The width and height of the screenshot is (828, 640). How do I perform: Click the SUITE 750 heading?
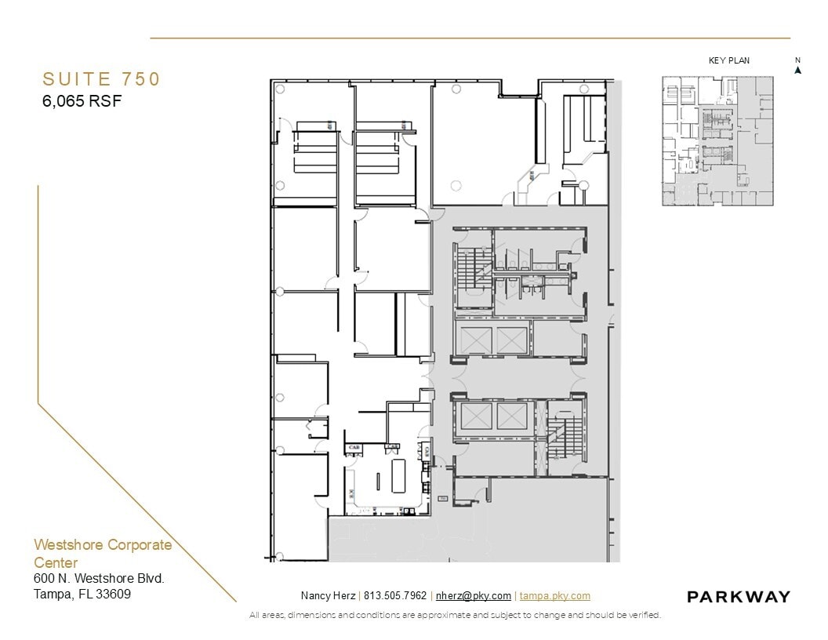click(x=101, y=79)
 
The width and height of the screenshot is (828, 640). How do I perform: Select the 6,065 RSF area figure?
click(x=82, y=100)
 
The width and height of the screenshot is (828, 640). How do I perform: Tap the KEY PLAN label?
click(x=728, y=61)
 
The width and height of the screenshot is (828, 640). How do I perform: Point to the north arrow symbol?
click(x=797, y=69)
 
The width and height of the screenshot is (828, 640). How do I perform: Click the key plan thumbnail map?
click(x=717, y=141)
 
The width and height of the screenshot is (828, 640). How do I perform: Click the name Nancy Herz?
click(x=327, y=596)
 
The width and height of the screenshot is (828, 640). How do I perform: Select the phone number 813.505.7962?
click(x=395, y=596)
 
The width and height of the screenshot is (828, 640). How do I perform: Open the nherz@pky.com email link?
click(x=473, y=596)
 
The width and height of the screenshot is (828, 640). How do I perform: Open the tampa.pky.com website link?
click(x=554, y=596)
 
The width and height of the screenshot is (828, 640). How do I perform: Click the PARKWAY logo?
click(x=738, y=597)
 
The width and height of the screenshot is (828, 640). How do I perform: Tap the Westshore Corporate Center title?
click(x=102, y=554)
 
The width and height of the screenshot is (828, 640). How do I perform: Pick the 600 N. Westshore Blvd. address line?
click(x=99, y=579)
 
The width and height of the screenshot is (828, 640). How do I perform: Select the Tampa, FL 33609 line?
click(x=82, y=594)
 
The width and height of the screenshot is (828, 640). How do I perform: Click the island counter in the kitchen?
click(x=398, y=475)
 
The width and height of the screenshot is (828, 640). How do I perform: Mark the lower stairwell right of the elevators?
click(x=561, y=438)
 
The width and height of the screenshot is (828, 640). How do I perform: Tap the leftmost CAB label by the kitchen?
click(x=354, y=447)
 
